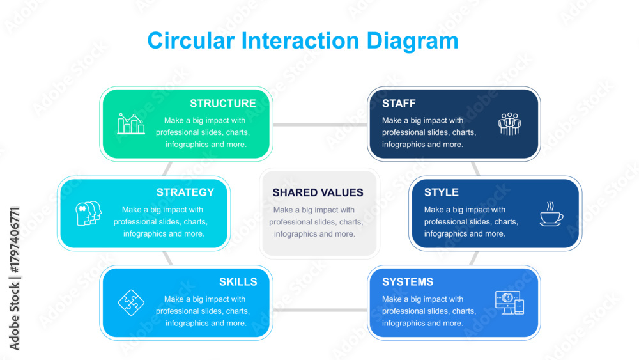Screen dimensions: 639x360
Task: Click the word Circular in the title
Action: pyautogui.click(x=190, y=41)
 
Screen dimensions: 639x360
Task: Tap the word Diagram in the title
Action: pyautogui.click(x=412, y=42)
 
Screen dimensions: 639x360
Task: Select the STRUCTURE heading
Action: pyautogui.click(x=223, y=104)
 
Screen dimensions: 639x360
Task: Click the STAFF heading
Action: pyautogui.click(x=399, y=104)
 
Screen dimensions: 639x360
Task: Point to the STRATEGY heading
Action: pyautogui.click(x=185, y=192)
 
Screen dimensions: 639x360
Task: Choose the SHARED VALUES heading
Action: pyautogui.click(x=318, y=192)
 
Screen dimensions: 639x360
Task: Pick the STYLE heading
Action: pyautogui.click(x=442, y=192)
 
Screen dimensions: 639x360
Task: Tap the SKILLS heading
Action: pyautogui.click(x=238, y=282)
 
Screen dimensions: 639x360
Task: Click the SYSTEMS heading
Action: pyautogui.click(x=408, y=282)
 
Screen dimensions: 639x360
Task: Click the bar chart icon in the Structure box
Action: pyautogui.click(x=131, y=123)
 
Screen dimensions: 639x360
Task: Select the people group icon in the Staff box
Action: pyautogui.click(x=509, y=124)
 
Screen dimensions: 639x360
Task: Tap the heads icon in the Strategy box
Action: pyautogui.click(x=88, y=213)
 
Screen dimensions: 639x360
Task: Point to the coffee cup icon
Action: pyautogui.click(x=551, y=213)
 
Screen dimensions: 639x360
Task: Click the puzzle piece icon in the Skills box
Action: pyautogui.click(x=131, y=302)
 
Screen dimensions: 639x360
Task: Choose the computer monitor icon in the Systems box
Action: pyautogui.click(x=509, y=302)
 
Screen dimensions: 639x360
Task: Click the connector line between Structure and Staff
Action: pyautogui.click(x=320, y=124)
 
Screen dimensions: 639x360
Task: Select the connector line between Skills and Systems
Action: pyautogui.click(x=320, y=310)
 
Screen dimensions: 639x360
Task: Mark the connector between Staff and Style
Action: pyautogui.click(x=475, y=169)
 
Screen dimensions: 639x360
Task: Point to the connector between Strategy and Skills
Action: pyautogui.click(x=167, y=258)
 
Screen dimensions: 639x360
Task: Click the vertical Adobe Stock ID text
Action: pyautogui.click(x=14, y=278)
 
